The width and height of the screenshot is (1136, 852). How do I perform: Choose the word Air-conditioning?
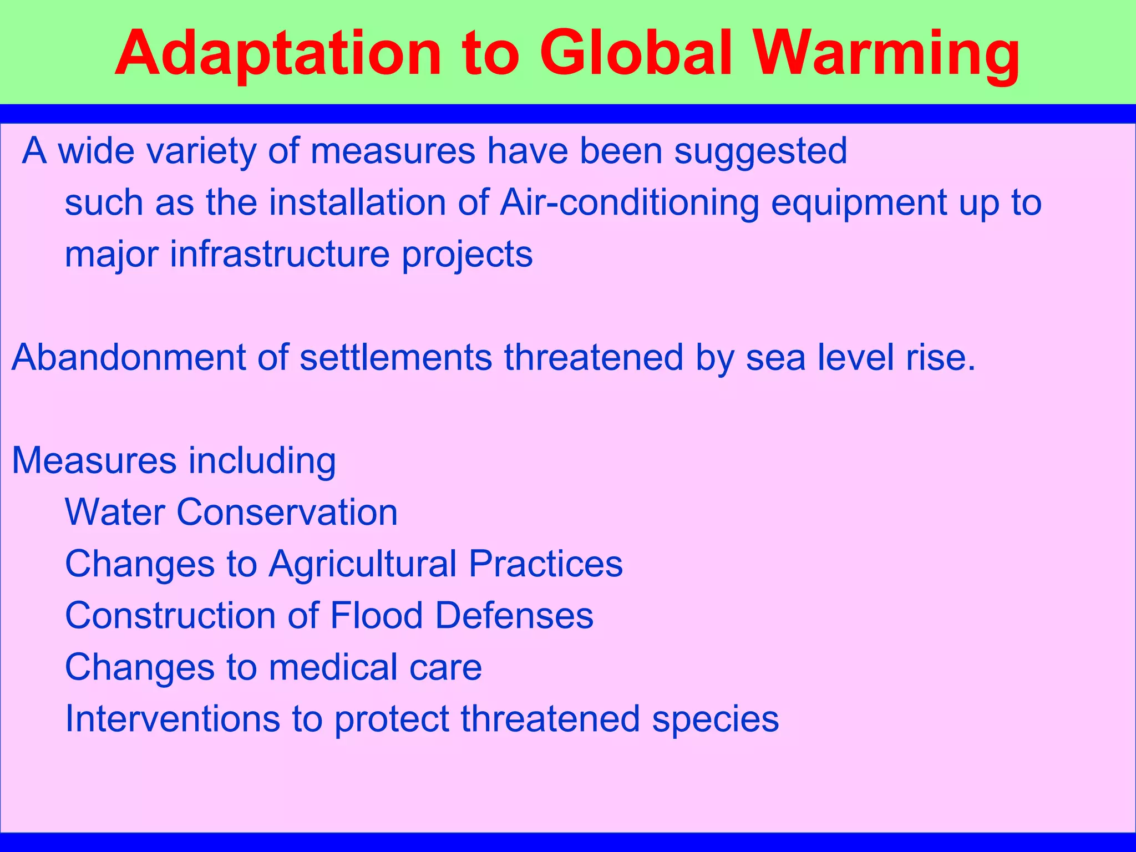[x=629, y=202]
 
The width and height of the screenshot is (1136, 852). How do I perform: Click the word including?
[x=262, y=461]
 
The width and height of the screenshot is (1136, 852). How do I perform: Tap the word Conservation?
[x=287, y=512]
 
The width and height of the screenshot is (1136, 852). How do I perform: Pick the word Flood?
[x=377, y=616]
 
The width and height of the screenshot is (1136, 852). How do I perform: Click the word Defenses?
[x=514, y=616]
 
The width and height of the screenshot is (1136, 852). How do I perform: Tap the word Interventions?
[x=173, y=719]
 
